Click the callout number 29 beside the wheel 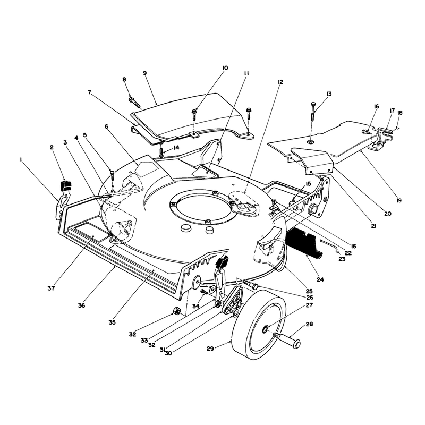[x=210, y=348]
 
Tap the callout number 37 [x=51, y=288]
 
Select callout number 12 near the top [x=280, y=82]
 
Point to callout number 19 [x=398, y=201]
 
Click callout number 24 [x=320, y=279]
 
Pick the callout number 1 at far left [x=21, y=160]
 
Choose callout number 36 [x=81, y=305]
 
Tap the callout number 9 [x=144, y=73]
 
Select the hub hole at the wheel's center [x=265, y=329]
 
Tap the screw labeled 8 [x=135, y=103]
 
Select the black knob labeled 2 [x=65, y=185]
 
